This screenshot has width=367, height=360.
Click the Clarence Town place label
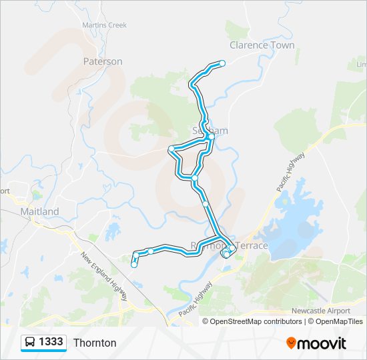[262, 45]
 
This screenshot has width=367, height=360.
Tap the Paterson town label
[103, 61]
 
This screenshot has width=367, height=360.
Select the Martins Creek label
[104, 25]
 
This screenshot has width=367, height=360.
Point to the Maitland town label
[39, 211]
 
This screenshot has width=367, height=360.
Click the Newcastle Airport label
[320, 311]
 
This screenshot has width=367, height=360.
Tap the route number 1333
[51, 342]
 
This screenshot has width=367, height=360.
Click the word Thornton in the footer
[95, 343]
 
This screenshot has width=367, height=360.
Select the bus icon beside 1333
[30, 342]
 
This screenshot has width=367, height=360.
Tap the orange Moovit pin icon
[291, 343]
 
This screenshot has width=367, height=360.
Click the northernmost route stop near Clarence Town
[222, 63]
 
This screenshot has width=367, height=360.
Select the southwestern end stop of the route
[134, 265]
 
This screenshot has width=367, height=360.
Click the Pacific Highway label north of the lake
[291, 173]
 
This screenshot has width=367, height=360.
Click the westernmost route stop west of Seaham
[171, 148]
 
